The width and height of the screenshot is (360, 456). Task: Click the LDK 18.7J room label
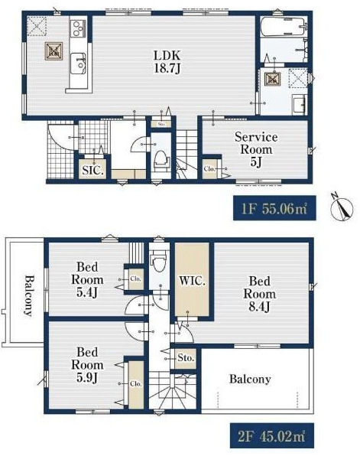167,62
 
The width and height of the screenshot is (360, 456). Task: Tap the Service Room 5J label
256,149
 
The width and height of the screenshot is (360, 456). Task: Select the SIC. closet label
92,170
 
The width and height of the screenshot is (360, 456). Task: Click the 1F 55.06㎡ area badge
274,208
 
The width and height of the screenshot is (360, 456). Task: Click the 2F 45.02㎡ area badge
272,435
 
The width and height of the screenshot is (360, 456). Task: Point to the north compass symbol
342,207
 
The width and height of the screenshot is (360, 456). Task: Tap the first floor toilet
161,161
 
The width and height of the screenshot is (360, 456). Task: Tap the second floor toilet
159,259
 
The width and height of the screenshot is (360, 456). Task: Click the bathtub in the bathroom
282,27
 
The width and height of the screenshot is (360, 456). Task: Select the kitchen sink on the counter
78,63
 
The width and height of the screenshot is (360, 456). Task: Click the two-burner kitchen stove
78,28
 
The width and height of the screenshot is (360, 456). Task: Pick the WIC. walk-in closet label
192,281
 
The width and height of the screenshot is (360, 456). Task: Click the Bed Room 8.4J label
259,294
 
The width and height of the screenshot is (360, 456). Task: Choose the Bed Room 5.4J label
87,279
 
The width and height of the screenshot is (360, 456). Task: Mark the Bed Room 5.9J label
87,365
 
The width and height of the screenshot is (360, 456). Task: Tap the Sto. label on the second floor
186,357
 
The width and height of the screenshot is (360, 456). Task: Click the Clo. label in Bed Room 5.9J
136,384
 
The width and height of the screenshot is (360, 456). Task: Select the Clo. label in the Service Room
209,168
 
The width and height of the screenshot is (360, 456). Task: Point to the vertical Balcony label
28,295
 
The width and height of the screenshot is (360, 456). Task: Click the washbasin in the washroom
300,104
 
